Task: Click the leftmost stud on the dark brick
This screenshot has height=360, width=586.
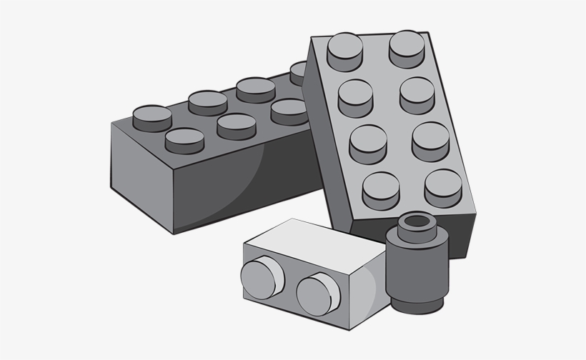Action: click(152, 116)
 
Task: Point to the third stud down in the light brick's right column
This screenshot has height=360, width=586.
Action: click(431, 140)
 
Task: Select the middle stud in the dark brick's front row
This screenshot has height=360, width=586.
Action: click(236, 126)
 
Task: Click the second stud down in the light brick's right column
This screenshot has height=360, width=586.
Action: click(418, 94)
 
